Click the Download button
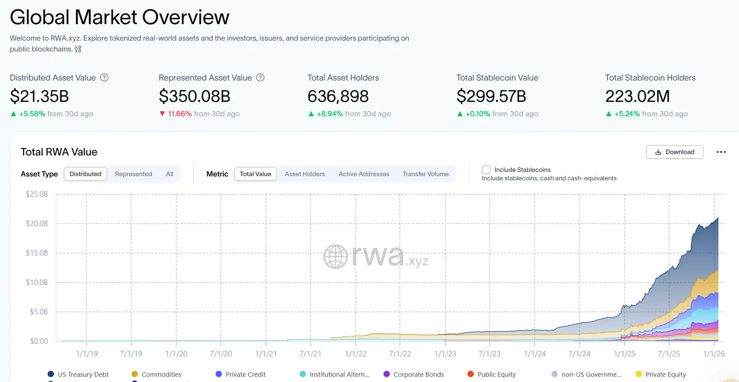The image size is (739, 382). [x=674, y=152]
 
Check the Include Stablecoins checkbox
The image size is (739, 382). [x=486, y=170]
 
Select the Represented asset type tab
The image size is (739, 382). [x=133, y=174]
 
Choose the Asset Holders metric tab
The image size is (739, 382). [x=304, y=174]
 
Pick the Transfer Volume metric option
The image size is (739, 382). [x=425, y=174]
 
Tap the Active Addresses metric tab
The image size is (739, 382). [x=364, y=174]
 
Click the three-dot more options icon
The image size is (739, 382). [x=721, y=152]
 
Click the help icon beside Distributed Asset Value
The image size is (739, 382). [x=104, y=77]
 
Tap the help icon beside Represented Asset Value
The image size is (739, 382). [x=260, y=77]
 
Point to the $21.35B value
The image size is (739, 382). [x=40, y=96]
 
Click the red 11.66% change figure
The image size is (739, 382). [x=180, y=114]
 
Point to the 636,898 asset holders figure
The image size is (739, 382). [x=338, y=96]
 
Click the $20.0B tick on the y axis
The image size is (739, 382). [x=37, y=223]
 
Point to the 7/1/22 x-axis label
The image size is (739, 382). [x=400, y=354]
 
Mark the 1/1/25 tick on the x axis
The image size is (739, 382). [x=625, y=354]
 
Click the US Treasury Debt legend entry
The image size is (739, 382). [x=83, y=374]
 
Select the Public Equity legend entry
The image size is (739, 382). [x=496, y=374]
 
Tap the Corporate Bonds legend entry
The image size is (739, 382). [x=418, y=374]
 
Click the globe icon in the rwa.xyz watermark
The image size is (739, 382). [x=335, y=257]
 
